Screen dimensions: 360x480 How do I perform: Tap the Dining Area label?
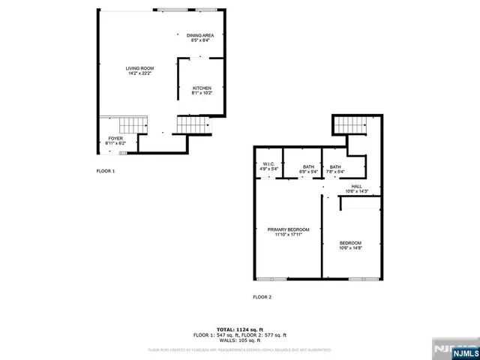(199, 35)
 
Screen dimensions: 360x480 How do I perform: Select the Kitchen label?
(202, 88)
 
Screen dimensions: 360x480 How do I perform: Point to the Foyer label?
(115, 138)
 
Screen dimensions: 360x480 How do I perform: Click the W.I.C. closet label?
(268, 165)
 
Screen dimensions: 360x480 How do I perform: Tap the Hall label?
(356, 186)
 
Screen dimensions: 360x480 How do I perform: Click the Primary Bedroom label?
(288, 229)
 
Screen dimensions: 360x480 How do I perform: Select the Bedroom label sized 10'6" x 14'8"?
(350, 243)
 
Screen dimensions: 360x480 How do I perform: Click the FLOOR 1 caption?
(106, 172)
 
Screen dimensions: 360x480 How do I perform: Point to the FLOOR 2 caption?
(262, 297)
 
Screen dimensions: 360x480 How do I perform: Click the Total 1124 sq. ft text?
(239, 329)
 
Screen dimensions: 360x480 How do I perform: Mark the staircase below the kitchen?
(190, 124)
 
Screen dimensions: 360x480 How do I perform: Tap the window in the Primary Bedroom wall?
(266, 279)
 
